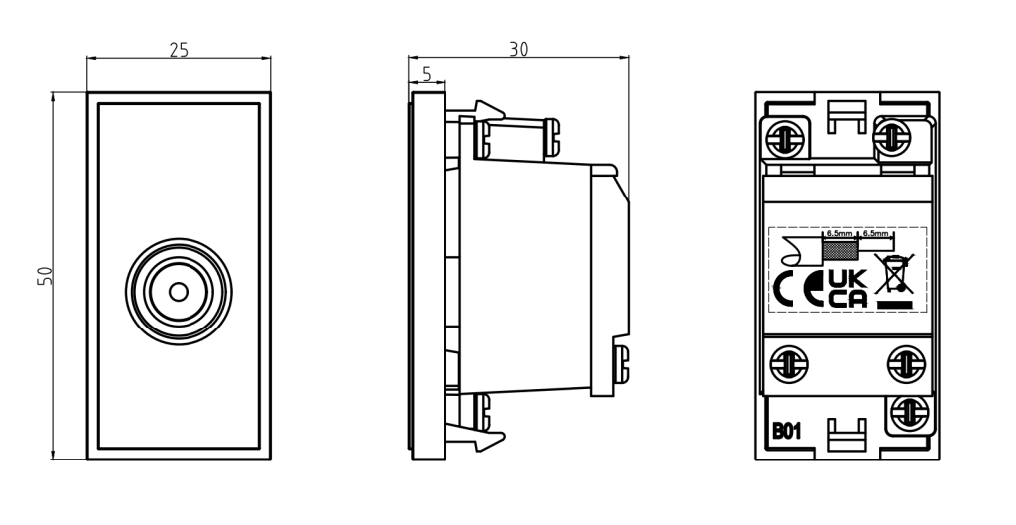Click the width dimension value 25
(x=179, y=50)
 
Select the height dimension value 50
(x=45, y=276)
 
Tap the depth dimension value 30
(x=518, y=50)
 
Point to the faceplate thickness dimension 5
(x=427, y=73)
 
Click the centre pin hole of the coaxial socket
(x=179, y=292)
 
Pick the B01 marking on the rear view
(x=788, y=432)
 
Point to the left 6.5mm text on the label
(x=839, y=233)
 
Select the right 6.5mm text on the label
(x=875, y=233)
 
